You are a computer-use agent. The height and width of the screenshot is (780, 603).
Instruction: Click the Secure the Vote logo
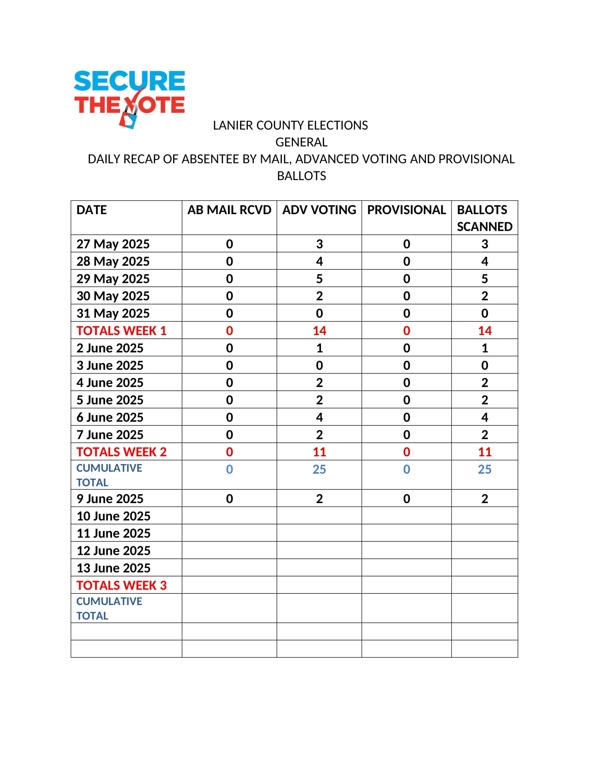pos(129,98)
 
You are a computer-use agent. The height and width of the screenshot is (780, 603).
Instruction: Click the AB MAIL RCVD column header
pos(229,210)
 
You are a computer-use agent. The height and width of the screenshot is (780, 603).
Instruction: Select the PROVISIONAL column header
pos(406,210)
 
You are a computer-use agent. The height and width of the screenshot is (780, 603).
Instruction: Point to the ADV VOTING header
pos(319,210)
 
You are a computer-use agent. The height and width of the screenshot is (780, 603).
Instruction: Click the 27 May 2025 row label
pos(113,244)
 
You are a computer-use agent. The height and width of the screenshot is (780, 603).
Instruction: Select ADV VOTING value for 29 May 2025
pos(319,279)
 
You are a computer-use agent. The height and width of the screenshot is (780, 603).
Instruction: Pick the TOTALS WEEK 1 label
pos(121,331)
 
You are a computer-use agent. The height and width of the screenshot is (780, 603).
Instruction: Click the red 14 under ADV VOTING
pos(319,331)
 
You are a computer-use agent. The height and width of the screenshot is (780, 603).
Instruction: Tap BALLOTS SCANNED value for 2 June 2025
pos(485,348)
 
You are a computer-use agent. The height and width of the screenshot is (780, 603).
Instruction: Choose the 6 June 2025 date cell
pos(110,417)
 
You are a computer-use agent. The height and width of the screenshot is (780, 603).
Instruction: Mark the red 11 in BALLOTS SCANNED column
pos(485,452)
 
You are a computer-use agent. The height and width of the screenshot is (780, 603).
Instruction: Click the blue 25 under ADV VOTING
pos(319,469)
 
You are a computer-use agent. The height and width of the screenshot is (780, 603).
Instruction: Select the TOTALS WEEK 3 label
pos(121,585)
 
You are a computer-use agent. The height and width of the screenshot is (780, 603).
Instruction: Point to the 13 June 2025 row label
pos(113,568)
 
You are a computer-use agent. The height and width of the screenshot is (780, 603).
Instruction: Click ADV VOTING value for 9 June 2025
pos(319,498)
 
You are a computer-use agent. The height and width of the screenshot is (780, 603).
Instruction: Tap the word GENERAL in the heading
pos(301,142)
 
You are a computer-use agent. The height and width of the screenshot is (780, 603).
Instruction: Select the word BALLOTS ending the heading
pos(301,176)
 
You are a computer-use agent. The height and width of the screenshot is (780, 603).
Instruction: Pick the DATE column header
pos(92,210)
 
